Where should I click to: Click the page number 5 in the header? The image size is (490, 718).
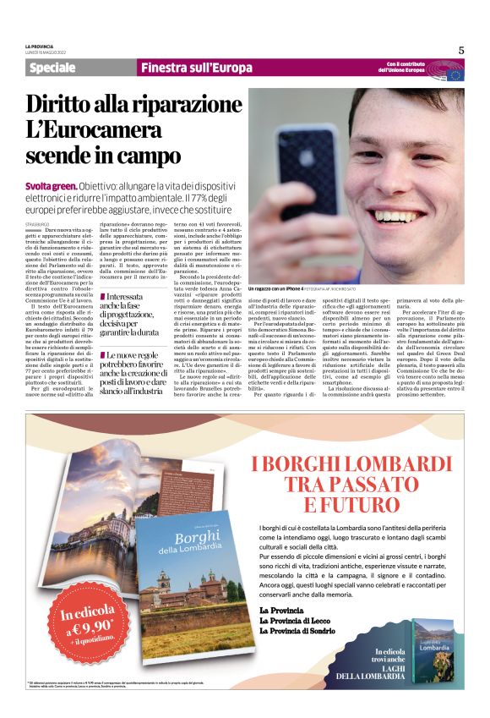461,50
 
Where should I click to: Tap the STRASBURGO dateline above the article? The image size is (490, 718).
37,222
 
